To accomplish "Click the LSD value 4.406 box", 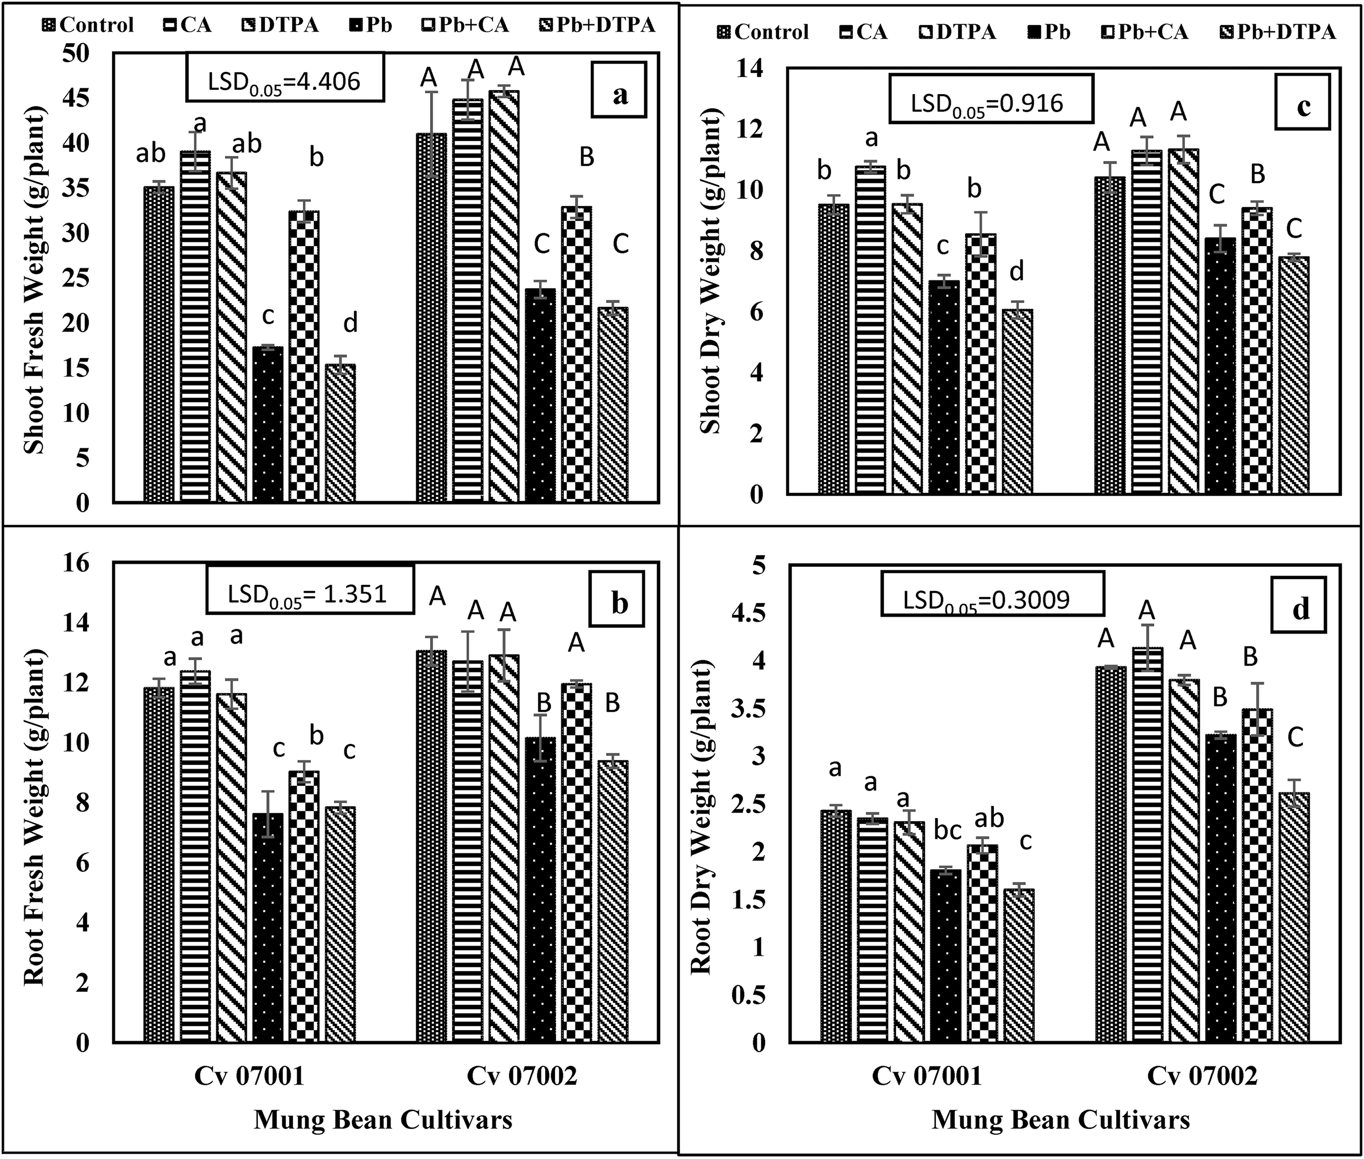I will (x=285, y=78).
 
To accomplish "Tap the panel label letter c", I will (x=1303, y=102).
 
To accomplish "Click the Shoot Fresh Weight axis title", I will (x=34, y=279).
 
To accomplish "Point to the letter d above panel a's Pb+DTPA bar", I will (x=351, y=323).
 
